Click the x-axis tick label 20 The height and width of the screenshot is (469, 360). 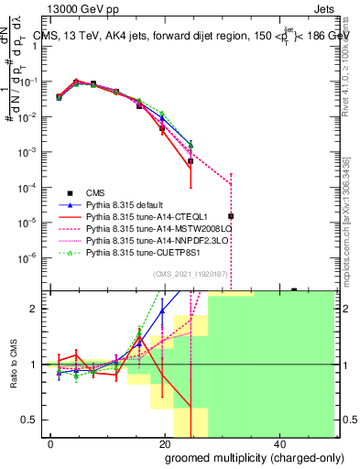click(x=165, y=444)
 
